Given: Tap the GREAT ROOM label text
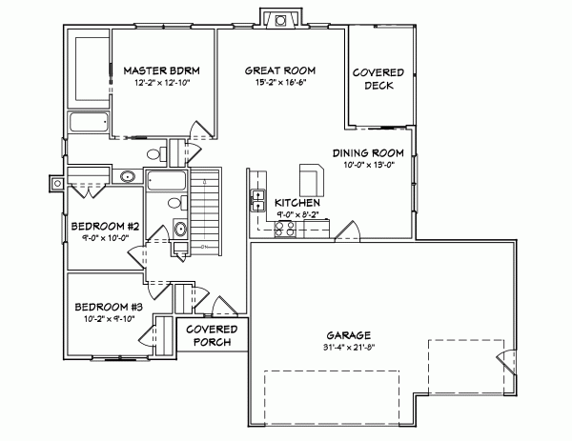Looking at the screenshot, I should pyautogui.click(x=279, y=70).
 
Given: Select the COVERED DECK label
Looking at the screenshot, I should pyautogui.click(x=378, y=79).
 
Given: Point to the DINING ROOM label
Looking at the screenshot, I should pyautogui.click(x=368, y=152).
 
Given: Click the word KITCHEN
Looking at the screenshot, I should pyautogui.click(x=296, y=204).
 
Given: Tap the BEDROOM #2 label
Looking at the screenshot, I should pyautogui.click(x=105, y=226).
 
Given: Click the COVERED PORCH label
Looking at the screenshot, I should pyautogui.click(x=211, y=335).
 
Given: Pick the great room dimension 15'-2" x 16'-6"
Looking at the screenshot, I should pyautogui.click(x=279, y=82).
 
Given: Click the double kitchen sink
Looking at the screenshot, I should pyautogui.click(x=257, y=199).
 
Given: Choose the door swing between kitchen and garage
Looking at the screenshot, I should pyautogui.click(x=346, y=232).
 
